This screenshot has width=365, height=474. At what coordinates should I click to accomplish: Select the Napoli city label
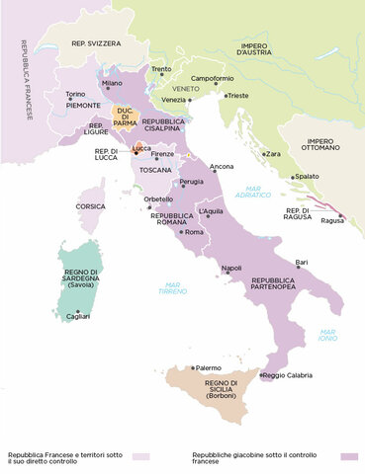point(231,269)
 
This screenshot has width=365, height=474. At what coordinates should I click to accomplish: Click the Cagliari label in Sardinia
point(77,315)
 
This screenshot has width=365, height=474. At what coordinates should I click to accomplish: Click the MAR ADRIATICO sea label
point(259,194)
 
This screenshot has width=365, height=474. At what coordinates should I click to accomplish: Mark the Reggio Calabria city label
point(290,375)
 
